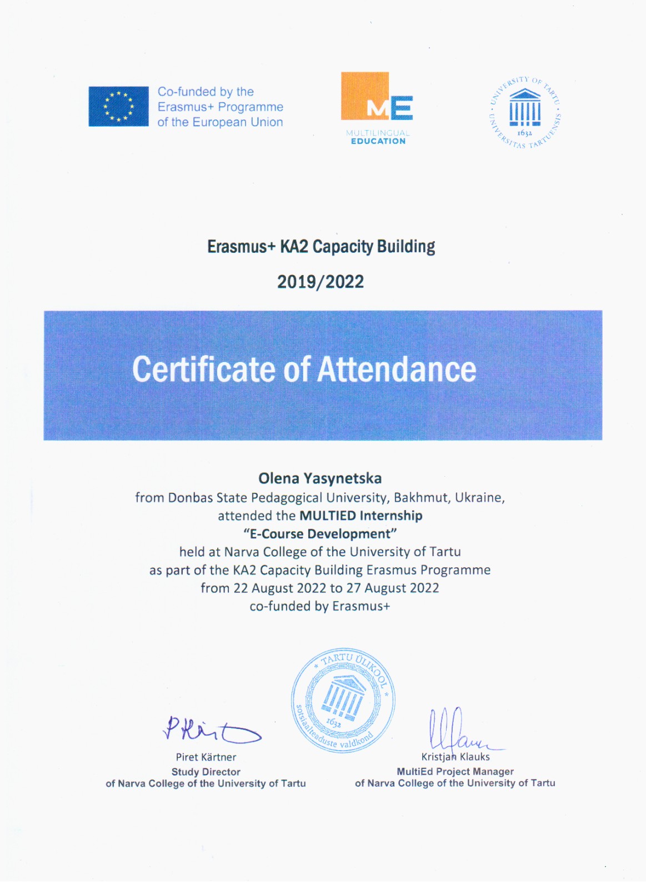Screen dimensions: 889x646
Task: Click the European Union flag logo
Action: [118, 106]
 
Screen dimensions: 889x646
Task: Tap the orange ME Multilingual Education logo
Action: [377, 108]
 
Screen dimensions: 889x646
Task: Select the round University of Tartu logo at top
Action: [524, 113]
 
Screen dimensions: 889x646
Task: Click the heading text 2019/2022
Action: [321, 282]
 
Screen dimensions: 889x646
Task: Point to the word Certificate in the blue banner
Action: [203, 369]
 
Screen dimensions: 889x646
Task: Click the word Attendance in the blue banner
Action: [397, 369]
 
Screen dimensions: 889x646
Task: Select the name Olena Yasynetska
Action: [320, 478]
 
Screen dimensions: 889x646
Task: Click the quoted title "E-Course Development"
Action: [320, 534]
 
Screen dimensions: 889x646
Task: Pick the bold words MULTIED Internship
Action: [361, 516]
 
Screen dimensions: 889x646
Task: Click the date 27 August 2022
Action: [393, 588]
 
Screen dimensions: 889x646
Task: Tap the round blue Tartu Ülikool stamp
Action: [343, 700]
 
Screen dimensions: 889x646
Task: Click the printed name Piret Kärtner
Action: [206, 757]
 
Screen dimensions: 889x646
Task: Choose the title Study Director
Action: [206, 772]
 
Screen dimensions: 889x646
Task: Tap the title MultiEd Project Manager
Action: [455, 771]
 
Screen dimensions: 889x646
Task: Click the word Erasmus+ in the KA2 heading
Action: [241, 247]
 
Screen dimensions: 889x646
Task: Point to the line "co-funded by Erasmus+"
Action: [320, 606]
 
